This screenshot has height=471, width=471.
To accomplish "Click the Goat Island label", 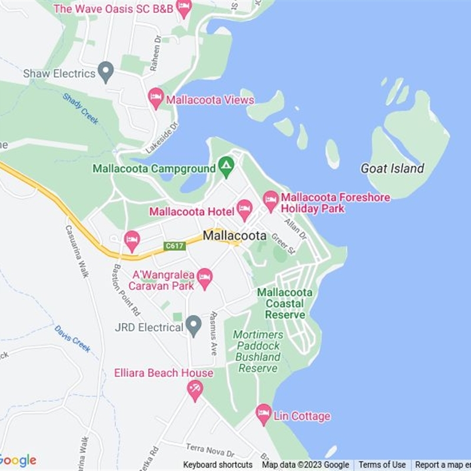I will pos(392,169).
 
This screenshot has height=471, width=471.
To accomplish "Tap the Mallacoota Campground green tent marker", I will pos(225,167).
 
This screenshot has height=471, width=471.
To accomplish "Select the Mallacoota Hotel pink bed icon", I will pos(244,209).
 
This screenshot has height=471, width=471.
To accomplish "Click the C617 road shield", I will pos(175,246).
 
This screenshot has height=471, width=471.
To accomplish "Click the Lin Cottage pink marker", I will pos(263,414).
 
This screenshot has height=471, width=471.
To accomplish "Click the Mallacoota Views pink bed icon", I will pos(156,98).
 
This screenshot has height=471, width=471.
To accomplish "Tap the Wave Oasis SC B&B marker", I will pos(184,8).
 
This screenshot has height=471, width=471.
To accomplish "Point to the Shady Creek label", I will pos(81,109).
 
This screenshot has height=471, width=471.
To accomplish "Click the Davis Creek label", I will pos(73,339).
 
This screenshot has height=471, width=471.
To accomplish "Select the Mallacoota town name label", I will pos(234,235).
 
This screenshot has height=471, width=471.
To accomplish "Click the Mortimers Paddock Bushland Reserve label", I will pos(258,351).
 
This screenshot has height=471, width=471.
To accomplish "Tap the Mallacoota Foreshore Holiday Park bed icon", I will pos(271,200).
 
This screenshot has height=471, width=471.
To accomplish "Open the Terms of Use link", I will pos(382,465).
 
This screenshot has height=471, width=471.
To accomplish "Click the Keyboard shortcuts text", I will pos(218,465).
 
